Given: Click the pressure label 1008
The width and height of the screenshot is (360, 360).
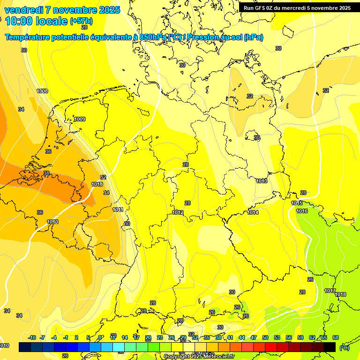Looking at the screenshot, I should (42, 91).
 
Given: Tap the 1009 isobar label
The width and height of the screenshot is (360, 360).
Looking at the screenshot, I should (80, 120).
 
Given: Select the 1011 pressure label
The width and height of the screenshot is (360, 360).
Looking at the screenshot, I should (118, 210).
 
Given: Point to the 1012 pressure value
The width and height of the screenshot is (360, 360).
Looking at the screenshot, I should (178, 212).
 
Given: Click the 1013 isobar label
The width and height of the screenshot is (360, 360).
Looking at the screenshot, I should (262, 181).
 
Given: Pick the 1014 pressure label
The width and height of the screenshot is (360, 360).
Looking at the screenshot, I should (253, 212).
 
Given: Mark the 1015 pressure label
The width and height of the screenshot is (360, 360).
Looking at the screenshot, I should (297, 203).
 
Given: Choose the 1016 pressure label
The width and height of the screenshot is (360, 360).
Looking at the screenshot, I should (302, 211).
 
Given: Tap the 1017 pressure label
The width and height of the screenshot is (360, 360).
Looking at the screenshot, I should (330, 291).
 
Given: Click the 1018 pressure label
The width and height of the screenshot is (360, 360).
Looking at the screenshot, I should (340, 294).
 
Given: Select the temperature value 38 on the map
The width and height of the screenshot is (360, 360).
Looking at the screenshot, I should (46, 173).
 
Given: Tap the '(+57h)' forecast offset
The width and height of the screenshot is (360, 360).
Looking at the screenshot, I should (82, 21).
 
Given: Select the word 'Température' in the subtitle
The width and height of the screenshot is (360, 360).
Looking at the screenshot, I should (29, 37).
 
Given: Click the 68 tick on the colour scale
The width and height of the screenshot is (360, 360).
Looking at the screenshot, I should (335, 337).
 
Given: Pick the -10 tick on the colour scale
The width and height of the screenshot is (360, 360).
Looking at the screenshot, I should (32, 337).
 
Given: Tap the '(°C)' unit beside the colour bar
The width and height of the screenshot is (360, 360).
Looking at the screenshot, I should (344, 347).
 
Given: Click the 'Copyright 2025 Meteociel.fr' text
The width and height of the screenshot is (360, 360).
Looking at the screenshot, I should (199, 357).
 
